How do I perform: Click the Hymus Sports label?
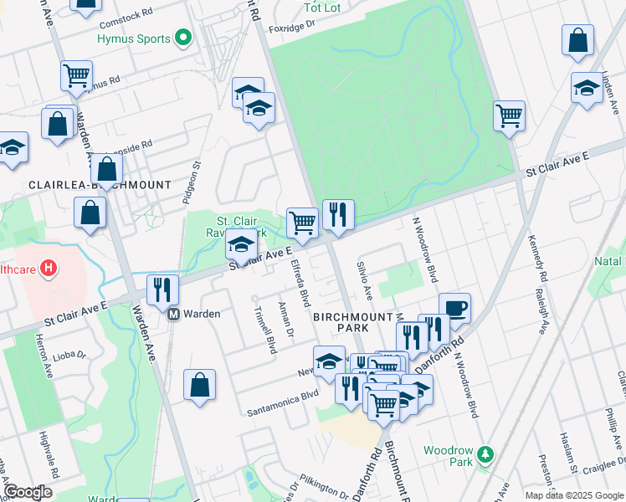[133, 38]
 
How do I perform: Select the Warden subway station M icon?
[174, 315]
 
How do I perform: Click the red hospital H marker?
[49, 269]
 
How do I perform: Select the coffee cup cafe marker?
[454, 308]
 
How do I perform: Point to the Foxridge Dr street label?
[294, 28]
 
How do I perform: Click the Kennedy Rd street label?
[536, 259]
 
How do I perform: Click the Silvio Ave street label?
[364, 281]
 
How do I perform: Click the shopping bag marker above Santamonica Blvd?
[200, 386]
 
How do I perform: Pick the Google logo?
[28, 493]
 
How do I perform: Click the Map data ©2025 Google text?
[573, 495]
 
